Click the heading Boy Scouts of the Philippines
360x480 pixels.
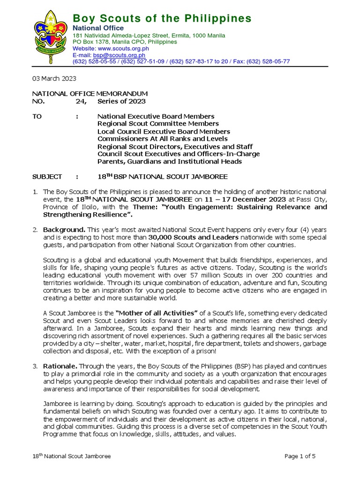pos(162,19)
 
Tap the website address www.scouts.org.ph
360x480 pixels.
pos(123,48)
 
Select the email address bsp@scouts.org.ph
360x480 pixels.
pos(119,55)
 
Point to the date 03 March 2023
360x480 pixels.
pos(54,79)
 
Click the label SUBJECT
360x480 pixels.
pos(47,177)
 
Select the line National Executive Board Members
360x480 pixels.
pos(156,116)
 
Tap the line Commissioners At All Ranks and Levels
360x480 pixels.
pos(162,139)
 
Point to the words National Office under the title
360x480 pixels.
pos(95,28)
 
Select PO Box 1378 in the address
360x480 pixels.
pos(90,42)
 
